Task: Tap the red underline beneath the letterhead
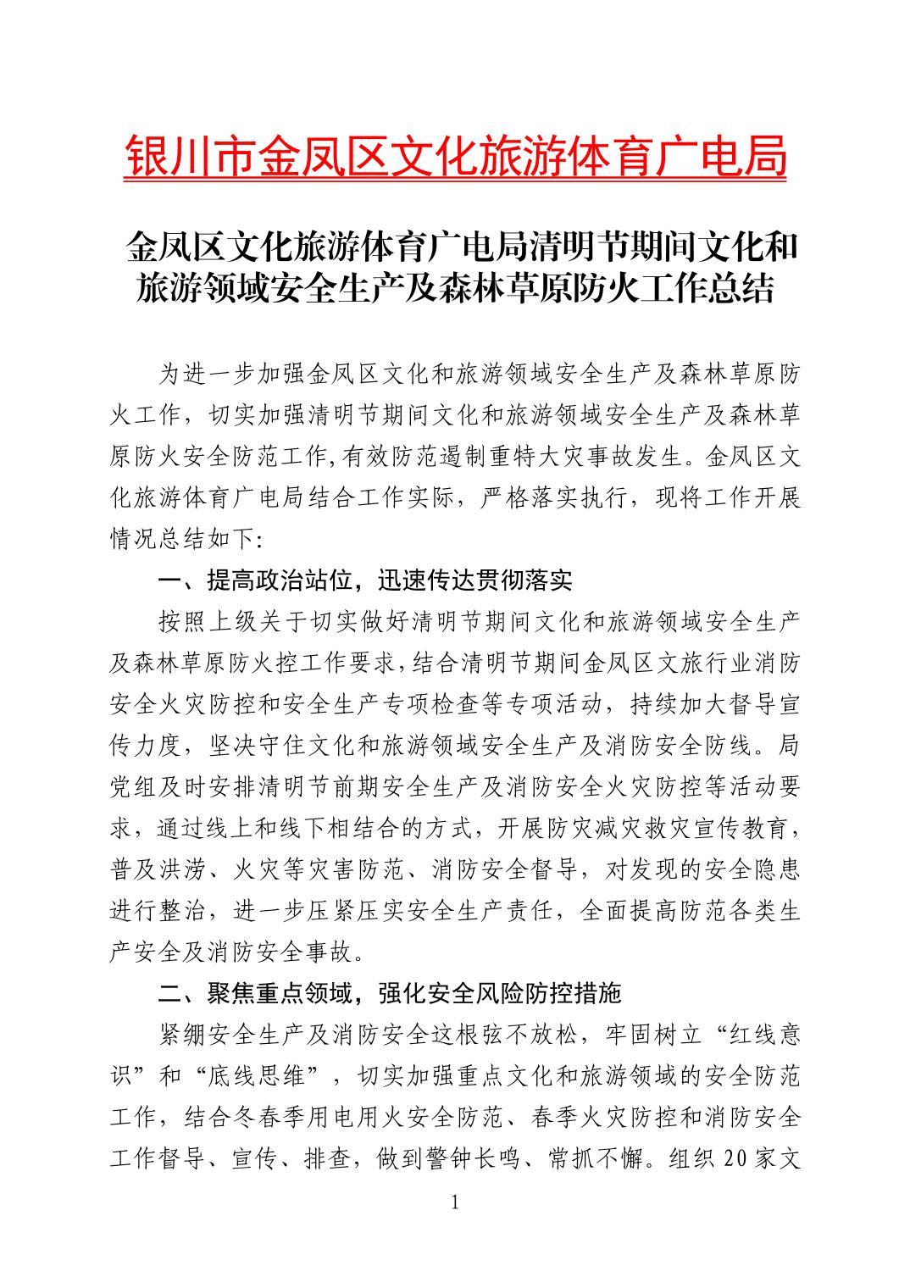point(455,180)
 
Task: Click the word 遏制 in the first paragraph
point(411,458)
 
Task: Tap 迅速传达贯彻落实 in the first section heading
point(474,580)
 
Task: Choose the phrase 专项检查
point(413,704)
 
